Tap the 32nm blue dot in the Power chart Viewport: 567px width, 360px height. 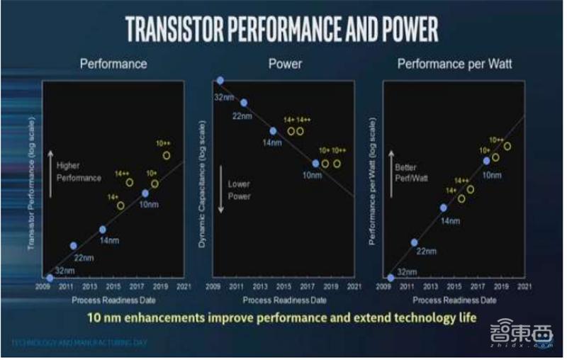(x=220, y=81)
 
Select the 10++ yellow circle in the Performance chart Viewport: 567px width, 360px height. (x=167, y=155)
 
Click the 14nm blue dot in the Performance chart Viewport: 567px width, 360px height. (x=103, y=229)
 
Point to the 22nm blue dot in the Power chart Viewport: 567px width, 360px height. (x=244, y=103)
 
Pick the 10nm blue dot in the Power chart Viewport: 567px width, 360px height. (x=315, y=164)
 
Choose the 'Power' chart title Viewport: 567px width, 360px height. (x=285, y=64)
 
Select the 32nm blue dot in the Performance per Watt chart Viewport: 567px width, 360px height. (x=391, y=277)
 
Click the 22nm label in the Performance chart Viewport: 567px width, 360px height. (x=84, y=257)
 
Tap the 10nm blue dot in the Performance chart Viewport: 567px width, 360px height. (x=145, y=193)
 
